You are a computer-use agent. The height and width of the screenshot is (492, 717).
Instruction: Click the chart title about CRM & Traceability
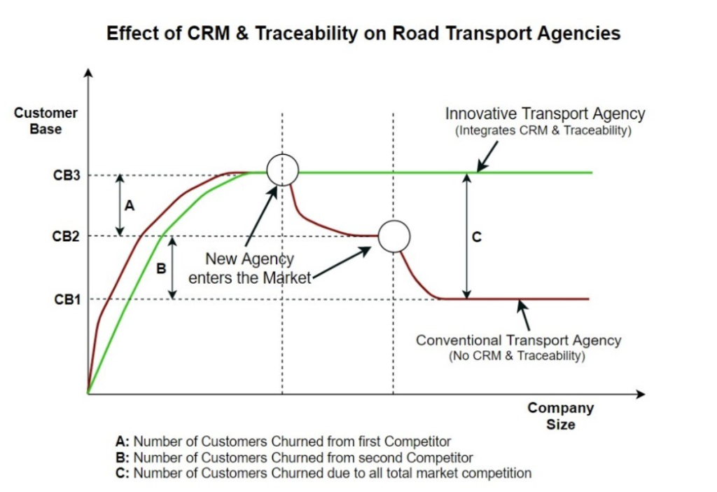363,34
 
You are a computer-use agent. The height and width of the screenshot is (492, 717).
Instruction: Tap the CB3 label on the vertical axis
67,175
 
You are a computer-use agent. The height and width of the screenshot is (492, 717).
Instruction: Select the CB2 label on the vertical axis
66,236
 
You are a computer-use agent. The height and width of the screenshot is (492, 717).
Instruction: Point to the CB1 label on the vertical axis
67,299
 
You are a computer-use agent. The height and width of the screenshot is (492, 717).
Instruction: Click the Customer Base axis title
46,121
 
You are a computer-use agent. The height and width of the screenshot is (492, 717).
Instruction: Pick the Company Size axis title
561,416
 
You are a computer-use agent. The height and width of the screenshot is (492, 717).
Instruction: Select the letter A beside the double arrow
130,205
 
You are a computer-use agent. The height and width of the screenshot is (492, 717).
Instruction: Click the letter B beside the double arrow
161,268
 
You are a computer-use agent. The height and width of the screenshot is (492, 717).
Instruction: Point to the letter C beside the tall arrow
476,237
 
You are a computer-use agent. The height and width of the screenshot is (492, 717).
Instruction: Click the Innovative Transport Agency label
545,114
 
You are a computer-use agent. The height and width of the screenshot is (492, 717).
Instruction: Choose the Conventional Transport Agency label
519,340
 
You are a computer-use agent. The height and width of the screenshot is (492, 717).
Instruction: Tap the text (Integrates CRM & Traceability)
543,130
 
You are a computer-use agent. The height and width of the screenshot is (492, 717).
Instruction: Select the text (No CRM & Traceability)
517,355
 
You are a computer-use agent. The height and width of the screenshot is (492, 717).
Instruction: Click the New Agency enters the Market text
250,268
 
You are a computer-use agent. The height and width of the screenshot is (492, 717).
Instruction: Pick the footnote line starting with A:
284,442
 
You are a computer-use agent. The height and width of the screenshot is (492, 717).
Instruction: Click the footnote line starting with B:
295,458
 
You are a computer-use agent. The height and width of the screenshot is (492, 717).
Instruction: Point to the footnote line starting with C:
323,473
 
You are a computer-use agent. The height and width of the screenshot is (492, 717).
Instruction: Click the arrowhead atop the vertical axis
89,73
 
